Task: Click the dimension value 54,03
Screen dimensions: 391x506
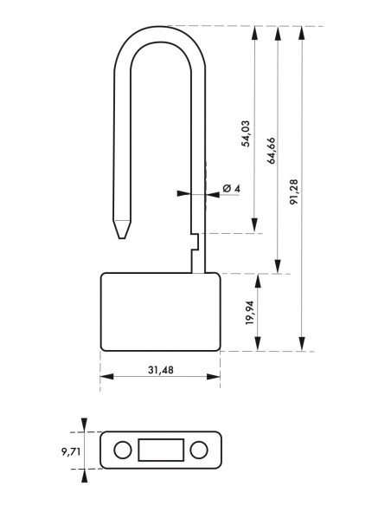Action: click(x=246, y=133)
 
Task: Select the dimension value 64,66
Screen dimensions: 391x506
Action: click(x=272, y=151)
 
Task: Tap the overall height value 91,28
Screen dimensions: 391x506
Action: click(x=294, y=192)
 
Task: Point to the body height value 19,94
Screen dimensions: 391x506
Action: click(x=250, y=313)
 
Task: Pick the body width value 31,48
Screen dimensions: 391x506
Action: click(x=160, y=370)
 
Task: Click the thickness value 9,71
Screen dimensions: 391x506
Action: click(x=71, y=451)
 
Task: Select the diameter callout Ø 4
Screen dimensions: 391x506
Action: click(x=231, y=188)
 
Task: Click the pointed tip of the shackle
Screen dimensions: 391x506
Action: click(x=122, y=238)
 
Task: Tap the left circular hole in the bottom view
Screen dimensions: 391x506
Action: click(x=123, y=450)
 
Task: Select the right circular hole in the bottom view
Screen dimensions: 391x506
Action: click(x=199, y=450)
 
